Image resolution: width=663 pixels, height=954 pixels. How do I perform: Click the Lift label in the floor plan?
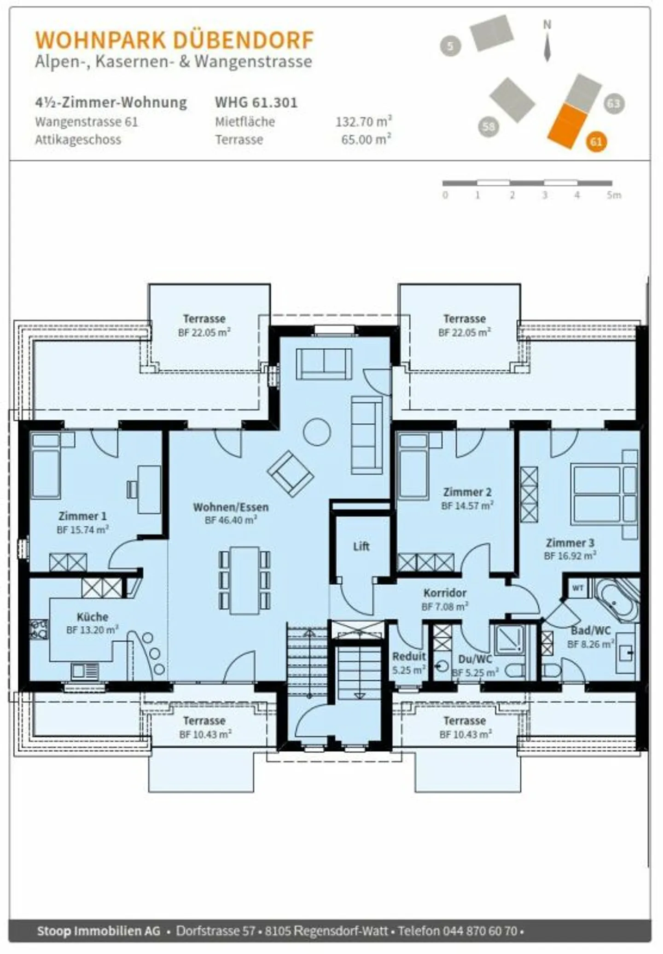(x=361, y=547)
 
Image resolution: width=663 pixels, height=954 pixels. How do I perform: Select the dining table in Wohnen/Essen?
(x=244, y=580)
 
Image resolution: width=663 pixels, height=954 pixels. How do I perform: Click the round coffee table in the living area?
(x=317, y=432)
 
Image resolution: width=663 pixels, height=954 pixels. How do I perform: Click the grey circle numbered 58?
(x=489, y=126)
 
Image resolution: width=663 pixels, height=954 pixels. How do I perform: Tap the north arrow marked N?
(x=547, y=41)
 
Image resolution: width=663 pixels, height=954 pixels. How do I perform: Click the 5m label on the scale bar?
(x=614, y=195)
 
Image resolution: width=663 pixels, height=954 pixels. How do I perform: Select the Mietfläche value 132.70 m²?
(x=363, y=122)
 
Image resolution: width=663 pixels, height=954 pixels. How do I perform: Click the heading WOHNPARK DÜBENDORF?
(x=174, y=40)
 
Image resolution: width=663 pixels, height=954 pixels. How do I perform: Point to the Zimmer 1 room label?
(x=82, y=516)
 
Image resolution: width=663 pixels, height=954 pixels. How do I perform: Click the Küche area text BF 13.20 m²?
(x=92, y=630)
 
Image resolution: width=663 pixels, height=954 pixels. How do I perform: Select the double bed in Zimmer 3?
(x=603, y=495)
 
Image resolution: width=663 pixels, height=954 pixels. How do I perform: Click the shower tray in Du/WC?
(x=509, y=640)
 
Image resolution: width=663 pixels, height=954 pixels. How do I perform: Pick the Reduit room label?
(x=409, y=656)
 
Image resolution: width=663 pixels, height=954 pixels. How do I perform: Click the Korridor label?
(x=445, y=593)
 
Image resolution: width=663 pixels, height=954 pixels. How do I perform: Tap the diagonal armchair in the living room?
(x=291, y=473)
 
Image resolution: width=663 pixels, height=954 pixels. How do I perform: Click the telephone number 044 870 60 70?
(x=480, y=931)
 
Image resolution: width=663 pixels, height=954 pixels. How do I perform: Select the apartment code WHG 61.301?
(x=256, y=102)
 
